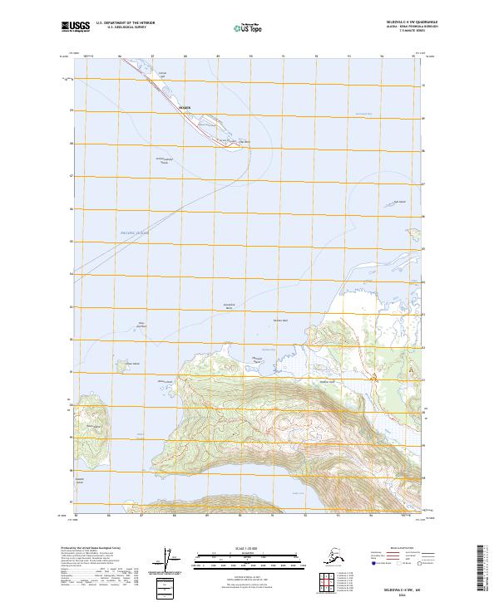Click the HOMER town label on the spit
tap(185, 109)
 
